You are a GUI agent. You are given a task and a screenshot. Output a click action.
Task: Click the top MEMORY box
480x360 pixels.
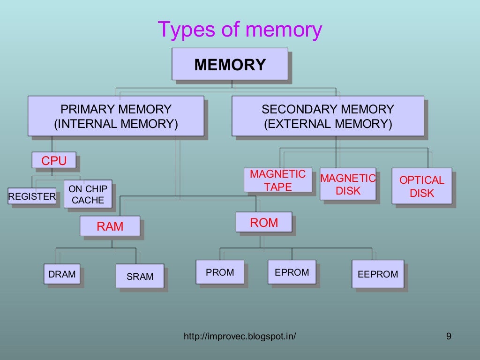[230, 64]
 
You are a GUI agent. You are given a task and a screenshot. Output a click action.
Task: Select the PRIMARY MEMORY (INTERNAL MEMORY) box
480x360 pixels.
[116, 116]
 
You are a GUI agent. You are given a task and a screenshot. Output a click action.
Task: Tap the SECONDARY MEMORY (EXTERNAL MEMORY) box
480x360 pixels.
[328, 116]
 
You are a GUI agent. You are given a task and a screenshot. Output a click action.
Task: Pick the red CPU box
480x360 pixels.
[54, 160]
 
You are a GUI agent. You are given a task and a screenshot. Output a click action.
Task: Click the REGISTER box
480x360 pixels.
[32, 196]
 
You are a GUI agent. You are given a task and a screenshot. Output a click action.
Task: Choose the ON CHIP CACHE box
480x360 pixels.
[88, 194]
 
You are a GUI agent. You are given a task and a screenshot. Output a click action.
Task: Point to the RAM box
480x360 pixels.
[110, 226]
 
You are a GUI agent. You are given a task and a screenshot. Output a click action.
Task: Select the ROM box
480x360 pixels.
[264, 223]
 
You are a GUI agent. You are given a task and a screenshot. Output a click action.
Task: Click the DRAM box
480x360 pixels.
[62, 274]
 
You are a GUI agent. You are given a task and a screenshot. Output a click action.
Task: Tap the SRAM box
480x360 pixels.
[140, 276]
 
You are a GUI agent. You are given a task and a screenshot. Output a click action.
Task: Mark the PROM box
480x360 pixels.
[220, 272]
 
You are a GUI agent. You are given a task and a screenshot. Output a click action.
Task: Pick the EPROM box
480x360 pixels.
[292, 272]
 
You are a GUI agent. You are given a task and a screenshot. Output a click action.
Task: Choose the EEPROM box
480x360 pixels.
[377, 274]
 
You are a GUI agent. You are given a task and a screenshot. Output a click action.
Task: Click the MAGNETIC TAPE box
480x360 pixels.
[277, 180]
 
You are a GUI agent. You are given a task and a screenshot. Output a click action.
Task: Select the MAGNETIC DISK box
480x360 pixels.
[348, 184]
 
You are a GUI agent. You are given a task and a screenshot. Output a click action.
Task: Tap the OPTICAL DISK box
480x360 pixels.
[421, 186]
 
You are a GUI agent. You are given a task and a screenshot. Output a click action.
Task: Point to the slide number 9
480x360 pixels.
[449, 336]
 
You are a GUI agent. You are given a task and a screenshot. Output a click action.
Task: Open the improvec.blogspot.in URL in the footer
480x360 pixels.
[240, 336]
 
